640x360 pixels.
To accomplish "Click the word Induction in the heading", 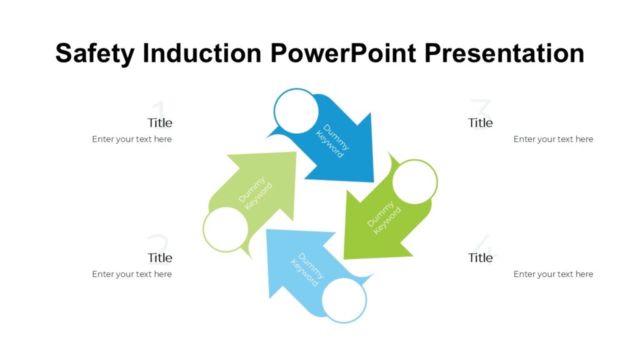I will pos(202,54).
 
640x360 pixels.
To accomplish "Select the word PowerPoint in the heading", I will pos(342,54).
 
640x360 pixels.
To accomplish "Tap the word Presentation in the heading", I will pos(504,54).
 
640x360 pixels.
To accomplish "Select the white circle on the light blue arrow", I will pos(344,300).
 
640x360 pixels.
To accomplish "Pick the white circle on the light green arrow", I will pos(226,229).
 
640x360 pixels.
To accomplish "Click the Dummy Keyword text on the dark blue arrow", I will pos(332,141).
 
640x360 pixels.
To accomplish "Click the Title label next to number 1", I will pos(160,122).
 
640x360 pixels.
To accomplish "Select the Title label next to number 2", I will pos(160,257).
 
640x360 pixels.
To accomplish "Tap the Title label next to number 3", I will pos(480,122).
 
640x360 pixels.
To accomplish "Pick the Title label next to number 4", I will pos(480,257).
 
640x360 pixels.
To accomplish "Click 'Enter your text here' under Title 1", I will pos(132,139).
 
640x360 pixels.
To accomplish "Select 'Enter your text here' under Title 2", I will pos(132,274).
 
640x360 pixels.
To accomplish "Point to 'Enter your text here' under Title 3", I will pos(553,139).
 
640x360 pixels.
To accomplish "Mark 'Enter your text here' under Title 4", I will pos(553,274).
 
